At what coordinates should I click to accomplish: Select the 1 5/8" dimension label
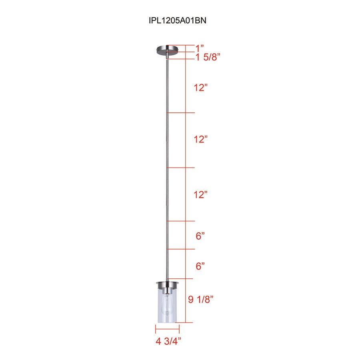point(208,57)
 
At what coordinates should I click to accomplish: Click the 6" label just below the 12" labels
point(200,236)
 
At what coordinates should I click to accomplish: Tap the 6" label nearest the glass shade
point(200,266)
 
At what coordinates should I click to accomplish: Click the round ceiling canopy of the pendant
point(167,50)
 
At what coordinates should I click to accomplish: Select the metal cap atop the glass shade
point(167,285)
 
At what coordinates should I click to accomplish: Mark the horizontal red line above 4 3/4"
point(167,329)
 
